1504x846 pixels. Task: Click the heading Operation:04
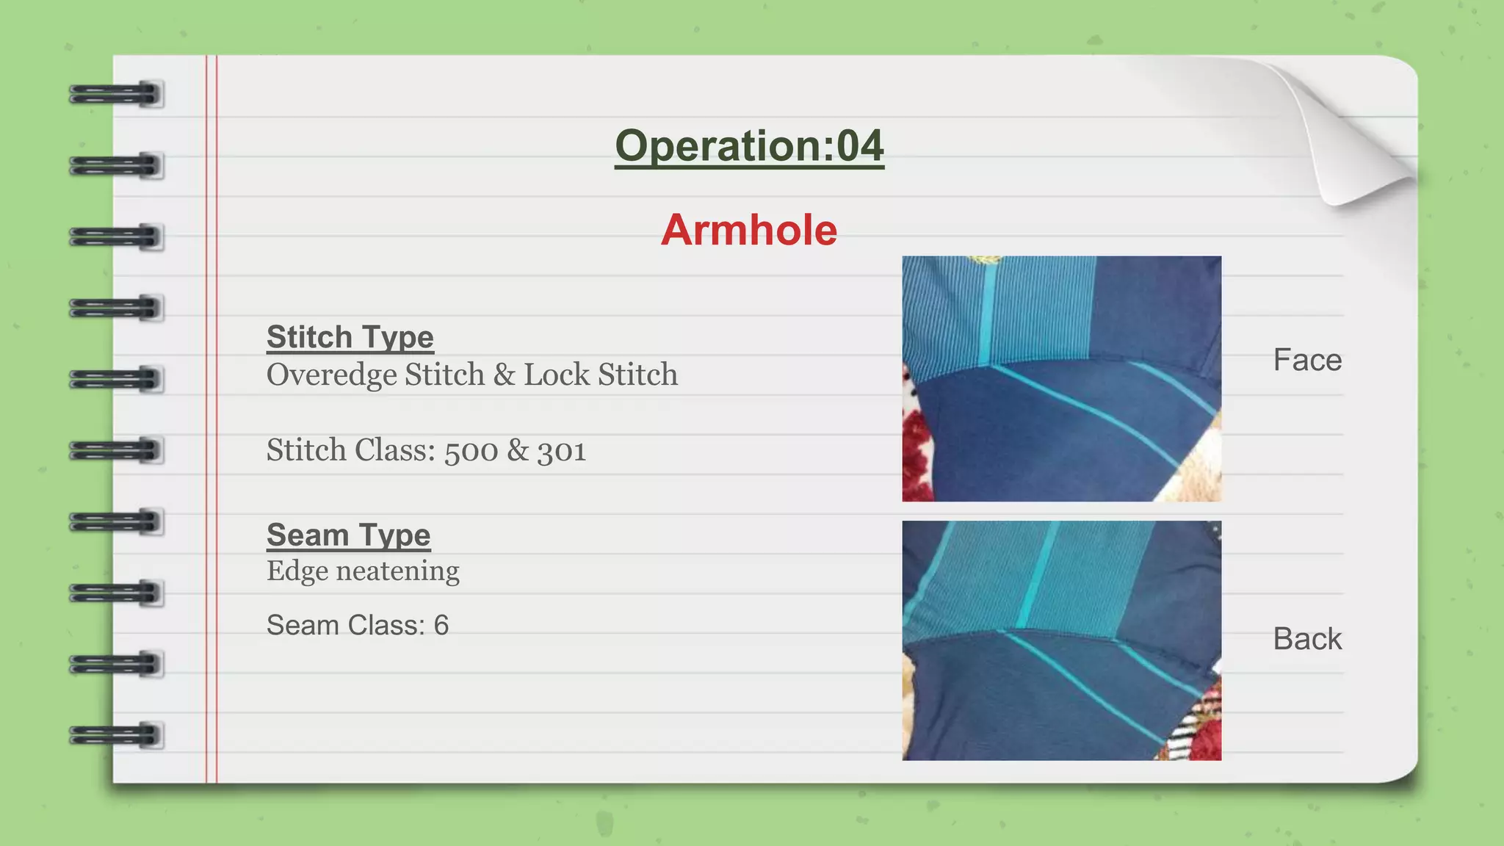click(749, 145)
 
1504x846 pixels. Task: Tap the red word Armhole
click(748, 230)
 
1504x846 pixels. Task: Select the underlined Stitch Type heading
click(350, 337)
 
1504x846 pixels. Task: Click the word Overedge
click(331, 375)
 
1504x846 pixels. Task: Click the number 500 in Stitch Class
click(471, 451)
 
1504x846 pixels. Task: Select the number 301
click(561, 451)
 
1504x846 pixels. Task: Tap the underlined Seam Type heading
click(348, 535)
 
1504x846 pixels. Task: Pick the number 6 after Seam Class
click(441, 626)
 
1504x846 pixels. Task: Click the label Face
click(1307, 360)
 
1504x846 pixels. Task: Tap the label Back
click(1307, 639)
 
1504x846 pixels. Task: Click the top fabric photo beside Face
click(1061, 378)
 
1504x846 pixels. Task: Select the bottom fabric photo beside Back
click(1061, 640)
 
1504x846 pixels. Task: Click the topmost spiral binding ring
click(115, 95)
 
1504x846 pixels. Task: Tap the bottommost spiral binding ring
click(115, 734)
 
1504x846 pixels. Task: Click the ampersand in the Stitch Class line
click(518, 450)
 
